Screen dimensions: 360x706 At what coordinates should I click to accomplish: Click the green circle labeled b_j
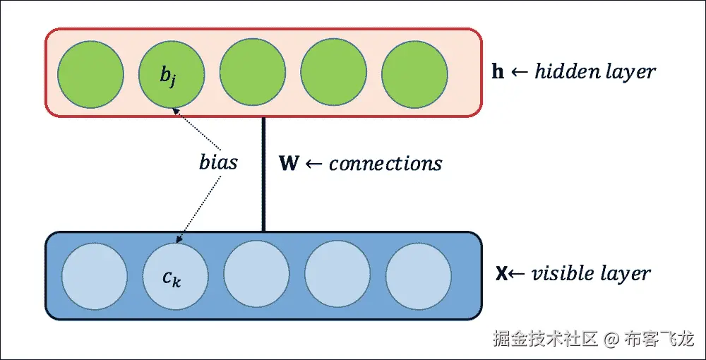click(x=172, y=74)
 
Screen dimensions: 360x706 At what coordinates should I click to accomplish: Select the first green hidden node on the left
click(x=90, y=74)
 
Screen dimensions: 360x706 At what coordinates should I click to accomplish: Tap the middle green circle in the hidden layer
click(x=253, y=74)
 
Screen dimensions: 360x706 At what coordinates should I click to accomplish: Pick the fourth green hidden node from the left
click(x=334, y=74)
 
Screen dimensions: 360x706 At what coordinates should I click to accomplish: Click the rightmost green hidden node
click(x=415, y=74)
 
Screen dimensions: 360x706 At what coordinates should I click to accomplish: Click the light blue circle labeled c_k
click(x=176, y=275)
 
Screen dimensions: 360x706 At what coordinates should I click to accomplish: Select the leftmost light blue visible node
click(x=95, y=275)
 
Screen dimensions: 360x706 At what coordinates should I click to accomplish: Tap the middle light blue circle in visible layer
click(x=256, y=275)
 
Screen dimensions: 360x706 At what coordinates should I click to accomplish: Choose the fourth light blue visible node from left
click(x=337, y=275)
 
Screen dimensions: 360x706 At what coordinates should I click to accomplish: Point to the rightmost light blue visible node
click(x=418, y=275)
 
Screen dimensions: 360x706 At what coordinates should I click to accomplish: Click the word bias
click(x=217, y=162)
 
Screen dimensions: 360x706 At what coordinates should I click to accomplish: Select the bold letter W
click(x=289, y=164)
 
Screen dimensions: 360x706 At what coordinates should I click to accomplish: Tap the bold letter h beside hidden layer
click(x=498, y=72)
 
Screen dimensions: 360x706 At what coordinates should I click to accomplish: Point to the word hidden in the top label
click(x=561, y=71)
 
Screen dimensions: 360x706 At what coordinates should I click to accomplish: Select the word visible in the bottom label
click(x=561, y=274)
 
